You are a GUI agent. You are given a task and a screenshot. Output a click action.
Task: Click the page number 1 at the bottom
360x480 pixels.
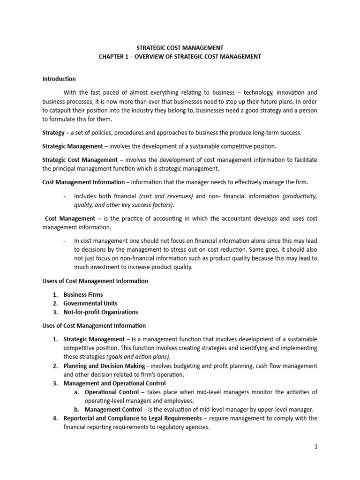coord(316,447)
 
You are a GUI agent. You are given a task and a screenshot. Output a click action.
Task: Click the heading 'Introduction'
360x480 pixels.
coord(59,79)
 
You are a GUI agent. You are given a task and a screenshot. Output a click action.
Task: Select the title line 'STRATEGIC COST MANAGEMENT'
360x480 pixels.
coord(180,47)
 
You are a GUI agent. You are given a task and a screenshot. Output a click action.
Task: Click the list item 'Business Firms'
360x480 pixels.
coord(83,295)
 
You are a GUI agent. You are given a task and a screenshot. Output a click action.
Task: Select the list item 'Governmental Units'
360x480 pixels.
coord(90,303)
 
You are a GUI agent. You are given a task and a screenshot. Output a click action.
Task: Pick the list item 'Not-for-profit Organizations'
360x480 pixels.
coord(101,312)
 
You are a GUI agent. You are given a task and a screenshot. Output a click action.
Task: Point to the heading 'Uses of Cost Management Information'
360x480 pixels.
coord(94,325)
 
